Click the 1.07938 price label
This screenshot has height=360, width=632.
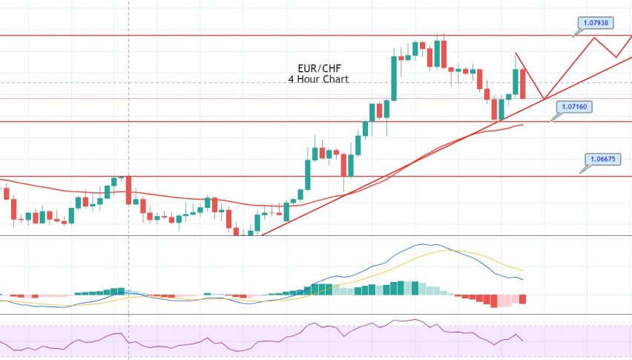coord(596,23)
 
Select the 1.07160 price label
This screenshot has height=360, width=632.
coord(574,108)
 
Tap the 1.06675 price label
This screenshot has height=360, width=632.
coord(602,158)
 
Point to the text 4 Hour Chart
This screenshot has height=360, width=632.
coord(318,78)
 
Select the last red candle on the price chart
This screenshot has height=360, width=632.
coord(524,83)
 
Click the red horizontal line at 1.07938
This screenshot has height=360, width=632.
coord(223,35)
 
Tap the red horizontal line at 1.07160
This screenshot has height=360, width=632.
coord(223,122)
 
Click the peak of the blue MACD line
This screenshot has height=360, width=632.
coord(424,243)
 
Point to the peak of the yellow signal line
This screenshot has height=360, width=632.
coord(450,250)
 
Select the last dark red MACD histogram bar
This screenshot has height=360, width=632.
coord(524,299)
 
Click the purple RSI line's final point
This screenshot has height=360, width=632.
coord(524,341)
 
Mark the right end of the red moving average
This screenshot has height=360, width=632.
coord(523,125)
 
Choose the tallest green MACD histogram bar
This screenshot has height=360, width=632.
coord(404,288)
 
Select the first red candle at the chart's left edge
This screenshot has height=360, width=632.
coord(7,193)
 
